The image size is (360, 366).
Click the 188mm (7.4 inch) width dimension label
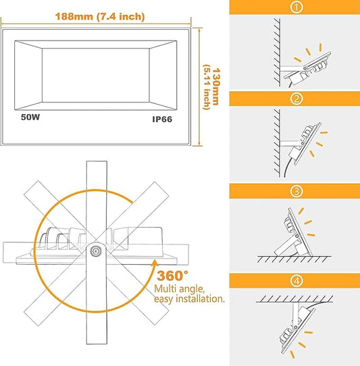[100, 17]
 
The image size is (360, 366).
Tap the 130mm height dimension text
[216, 86]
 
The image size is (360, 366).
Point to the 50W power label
[30, 117]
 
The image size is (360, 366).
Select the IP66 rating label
[162, 120]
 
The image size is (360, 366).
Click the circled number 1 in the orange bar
[297, 7]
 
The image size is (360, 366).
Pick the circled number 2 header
[297, 99]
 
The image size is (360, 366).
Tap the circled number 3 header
[297, 191]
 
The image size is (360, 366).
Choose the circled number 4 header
[297, 280]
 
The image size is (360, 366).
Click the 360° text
[172, 276]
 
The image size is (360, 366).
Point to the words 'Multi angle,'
[179, 289]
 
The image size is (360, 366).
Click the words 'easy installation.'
[189, 299]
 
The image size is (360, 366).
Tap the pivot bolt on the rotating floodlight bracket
[95, 251]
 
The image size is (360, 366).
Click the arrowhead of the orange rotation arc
[154, 263]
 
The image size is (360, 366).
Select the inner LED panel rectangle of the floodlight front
[96, 75]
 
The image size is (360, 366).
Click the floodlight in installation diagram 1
[307, 70]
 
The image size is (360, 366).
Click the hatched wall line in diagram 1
[277, 52]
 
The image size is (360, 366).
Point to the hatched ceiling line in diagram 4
[294, 298]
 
